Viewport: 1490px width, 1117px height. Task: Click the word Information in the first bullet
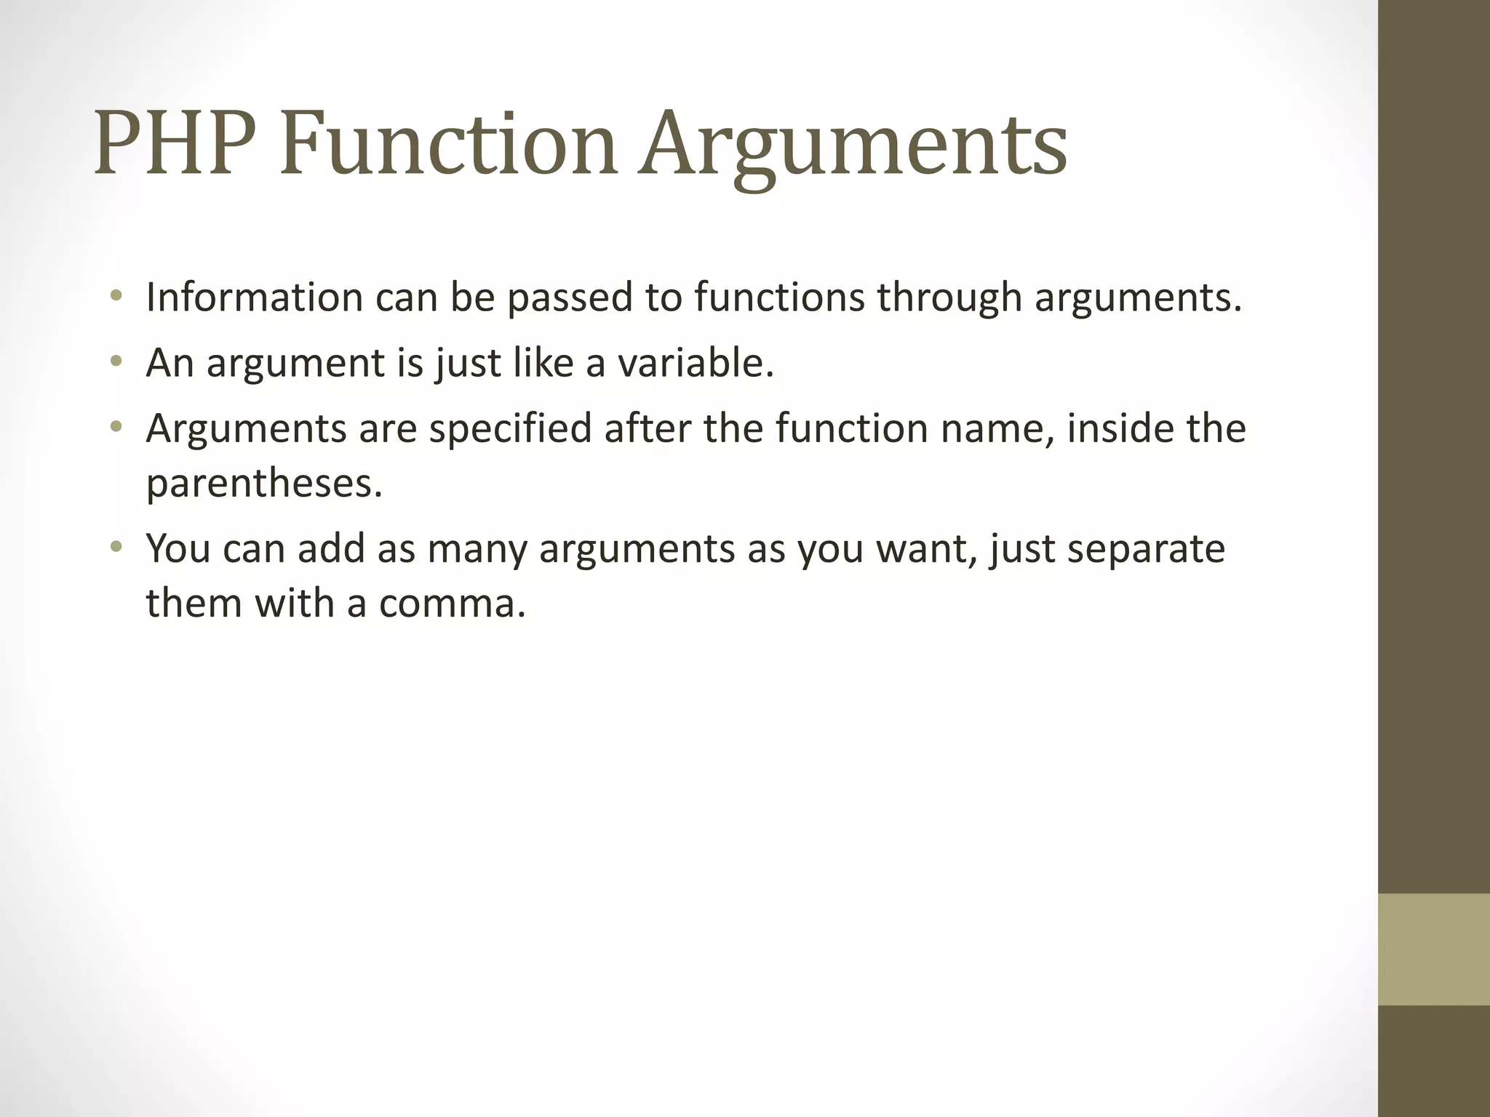pyautogui.click(x=254, y=297)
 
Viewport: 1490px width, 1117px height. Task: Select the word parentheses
pyautogui.click(x=263, y=484)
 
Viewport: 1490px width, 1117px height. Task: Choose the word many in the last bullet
pyautogui.click(x=477, y=550)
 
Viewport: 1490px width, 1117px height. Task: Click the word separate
pyautogui.click(x=1146, y=550)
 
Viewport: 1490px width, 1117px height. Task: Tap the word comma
pyautogui.click(x=452, y=604)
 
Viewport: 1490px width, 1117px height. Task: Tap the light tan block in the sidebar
pyautogui.click(x=1433, y=950)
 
